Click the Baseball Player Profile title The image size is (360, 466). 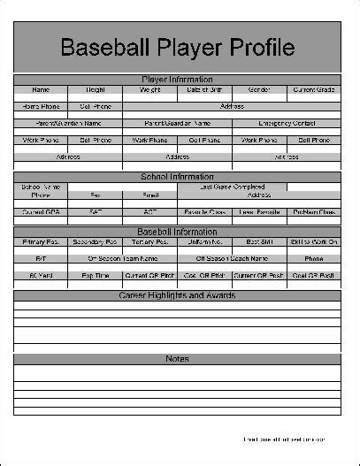pyautogui.click(x=177, y=48)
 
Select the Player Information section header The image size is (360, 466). pyautogui.click(x=177, y=80)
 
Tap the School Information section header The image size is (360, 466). pyautogui.click(x=177, y=177)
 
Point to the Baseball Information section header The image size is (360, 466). pyautogui.click(x=177, y=232)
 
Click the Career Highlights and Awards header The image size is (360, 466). pyautogui.click(x=177, y=294)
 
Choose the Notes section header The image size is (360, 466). pyautogui.click(x=177, y=358)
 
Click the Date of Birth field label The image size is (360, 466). pyautogui.click(x=204, y=89)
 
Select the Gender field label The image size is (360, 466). pyautogui.click(x=259, y=89)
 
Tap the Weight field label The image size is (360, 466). pyautogui.click(x=150, y=89)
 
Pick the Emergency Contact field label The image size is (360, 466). pyautogui.click(x=286, y=123)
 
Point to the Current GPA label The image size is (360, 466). pyautogui.click(x=41, y=212)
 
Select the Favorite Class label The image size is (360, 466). pyautogui.click(x=204, y=212)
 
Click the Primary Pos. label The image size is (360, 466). pyautogui.click(x=41, y=241)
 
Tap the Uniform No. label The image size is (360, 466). pyautogui.click(x=204, y=241)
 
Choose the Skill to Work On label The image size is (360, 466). pyautogui.click(x=313, y=241)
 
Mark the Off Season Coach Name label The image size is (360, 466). pyautogui.click(x=232, y=258)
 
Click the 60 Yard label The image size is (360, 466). pyautogui.click(x=41, y=275)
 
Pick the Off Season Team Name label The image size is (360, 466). pyautogui.click(x=123, y=258)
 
